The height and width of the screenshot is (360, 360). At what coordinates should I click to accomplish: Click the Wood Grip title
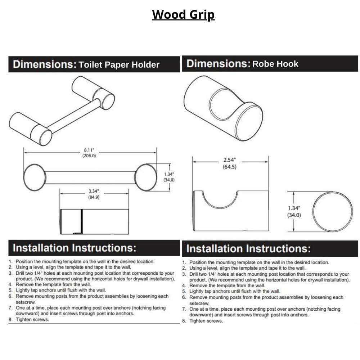[183, 15]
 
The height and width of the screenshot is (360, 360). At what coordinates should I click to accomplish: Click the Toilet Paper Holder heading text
[119, 65]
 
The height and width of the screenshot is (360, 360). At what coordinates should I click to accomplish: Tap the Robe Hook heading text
[275, 64]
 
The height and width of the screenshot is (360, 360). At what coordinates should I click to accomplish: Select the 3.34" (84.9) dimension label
[94, 194]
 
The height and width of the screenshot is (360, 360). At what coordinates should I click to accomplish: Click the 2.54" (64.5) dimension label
[230, 163]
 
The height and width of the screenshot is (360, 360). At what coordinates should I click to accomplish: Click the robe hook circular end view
[332, 212]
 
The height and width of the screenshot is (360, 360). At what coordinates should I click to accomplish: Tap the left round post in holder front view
[35, 177]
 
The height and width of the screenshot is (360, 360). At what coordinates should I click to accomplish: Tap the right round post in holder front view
[146, 177]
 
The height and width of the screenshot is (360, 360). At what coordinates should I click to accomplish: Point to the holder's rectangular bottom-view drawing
[94, 221]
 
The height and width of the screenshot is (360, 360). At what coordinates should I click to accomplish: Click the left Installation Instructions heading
[75, 248]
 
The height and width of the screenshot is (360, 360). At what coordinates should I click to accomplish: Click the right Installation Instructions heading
[248, 249]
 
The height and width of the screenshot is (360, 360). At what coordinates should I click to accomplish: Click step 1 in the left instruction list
[81, 262]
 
